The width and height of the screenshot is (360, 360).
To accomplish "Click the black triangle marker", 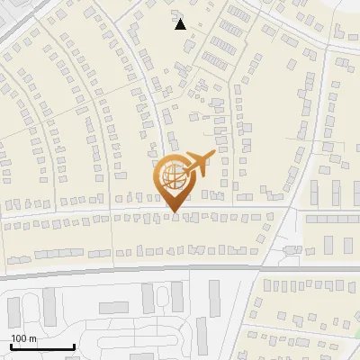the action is tap(181, 24).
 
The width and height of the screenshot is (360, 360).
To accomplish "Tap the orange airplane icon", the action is tap(200, 162).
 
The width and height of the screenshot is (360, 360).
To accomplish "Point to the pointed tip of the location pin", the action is tap(172, 212).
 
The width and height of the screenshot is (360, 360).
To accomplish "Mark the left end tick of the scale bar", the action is tap(11, 346).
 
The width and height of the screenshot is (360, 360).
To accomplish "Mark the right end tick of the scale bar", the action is tap(74, 346).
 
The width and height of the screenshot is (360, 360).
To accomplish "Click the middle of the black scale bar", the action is tap(42, 347).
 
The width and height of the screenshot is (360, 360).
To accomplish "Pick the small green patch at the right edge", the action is tap(356, 334).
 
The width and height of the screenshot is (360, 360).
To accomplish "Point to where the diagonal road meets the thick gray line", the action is tap(270, 266).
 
